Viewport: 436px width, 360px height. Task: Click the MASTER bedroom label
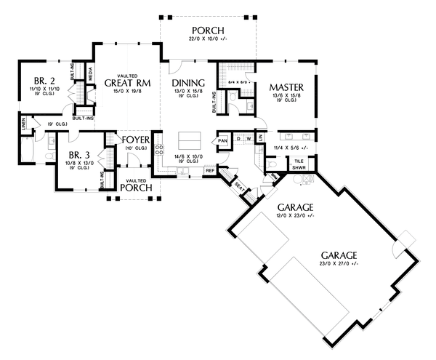pos(286,87)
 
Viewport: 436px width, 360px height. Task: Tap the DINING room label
pos(188,83)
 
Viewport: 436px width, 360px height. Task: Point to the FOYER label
pos(136,139)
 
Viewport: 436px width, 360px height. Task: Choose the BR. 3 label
pos(79,155)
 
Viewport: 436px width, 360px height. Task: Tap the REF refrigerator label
pos(209,171)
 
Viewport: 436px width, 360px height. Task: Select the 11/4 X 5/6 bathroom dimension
pos(292,148)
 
